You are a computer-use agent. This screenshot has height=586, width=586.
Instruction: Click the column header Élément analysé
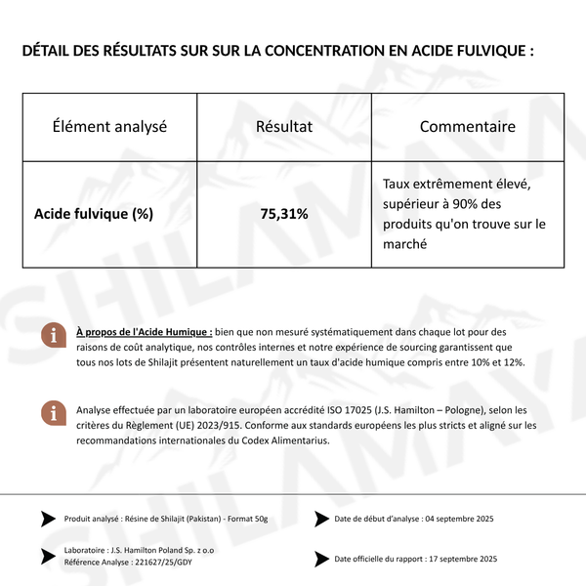point(109,127)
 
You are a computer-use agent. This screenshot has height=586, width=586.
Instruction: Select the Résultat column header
point(283,127)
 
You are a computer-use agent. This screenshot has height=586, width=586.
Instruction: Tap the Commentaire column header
point(467,127)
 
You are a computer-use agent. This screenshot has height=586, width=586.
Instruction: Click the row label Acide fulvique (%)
point(93,213)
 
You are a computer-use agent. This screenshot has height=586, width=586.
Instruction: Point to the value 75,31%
point(283,213)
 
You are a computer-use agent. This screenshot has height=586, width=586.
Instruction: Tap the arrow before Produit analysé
point(48,519)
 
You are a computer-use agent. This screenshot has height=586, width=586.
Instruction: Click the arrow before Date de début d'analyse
point(321,519)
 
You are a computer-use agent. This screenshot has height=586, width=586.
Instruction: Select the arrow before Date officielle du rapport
point(321,559)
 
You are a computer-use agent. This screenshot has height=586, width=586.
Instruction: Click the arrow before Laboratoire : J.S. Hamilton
point(48,557)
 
